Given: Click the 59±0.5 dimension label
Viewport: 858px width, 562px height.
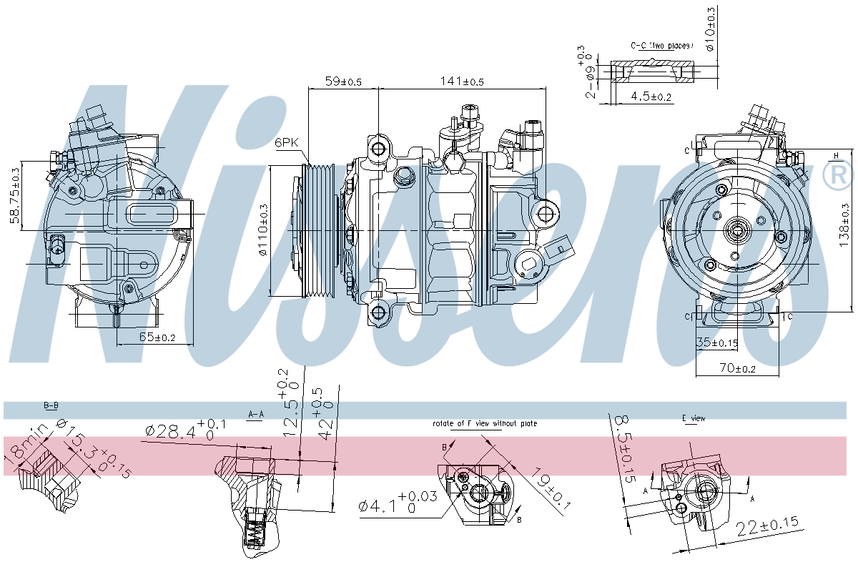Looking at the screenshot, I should coord(343,82).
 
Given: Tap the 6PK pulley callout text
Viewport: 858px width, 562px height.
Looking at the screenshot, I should coord(286,143).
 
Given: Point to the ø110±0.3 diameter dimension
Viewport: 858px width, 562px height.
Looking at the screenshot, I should coord(262,230).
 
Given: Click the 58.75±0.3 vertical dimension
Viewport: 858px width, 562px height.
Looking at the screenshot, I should coord(14,195).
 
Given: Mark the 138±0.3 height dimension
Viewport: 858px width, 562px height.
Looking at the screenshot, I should coord(844,225).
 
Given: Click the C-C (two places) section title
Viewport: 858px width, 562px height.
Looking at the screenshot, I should coord(661,46).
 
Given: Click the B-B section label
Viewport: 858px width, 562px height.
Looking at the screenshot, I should coord(51,405).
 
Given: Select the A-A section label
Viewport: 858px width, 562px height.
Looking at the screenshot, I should coord(256,414).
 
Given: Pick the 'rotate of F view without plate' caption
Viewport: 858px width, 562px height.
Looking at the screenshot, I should coord(485,423).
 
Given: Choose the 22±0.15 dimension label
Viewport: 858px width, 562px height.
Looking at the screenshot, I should coord(766,525).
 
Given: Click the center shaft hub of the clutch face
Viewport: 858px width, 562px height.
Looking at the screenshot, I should coord(736,230).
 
